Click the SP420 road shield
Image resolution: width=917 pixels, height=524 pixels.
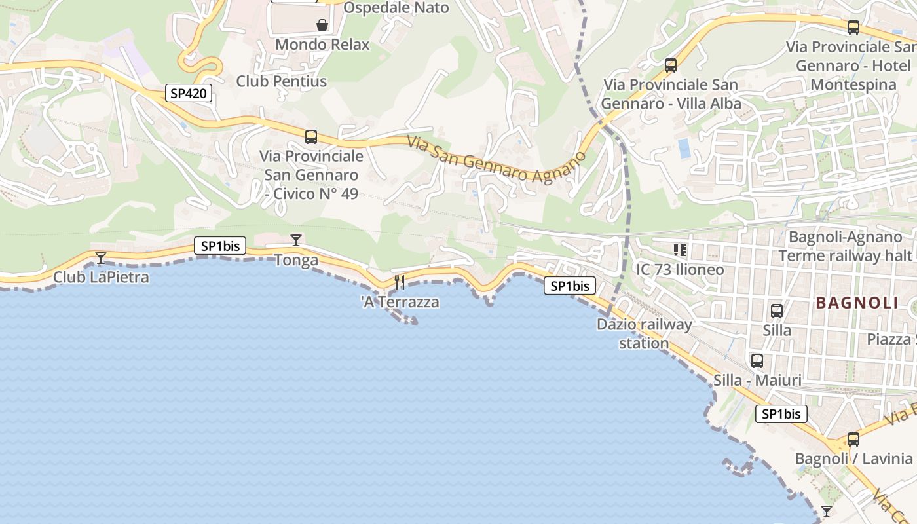188,93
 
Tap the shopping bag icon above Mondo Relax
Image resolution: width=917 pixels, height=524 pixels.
322,25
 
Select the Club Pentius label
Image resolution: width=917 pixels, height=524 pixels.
281,81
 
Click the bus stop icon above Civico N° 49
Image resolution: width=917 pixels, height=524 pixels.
311,137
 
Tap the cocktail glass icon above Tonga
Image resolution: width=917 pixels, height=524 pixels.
296,240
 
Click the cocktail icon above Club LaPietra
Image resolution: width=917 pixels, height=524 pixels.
100,257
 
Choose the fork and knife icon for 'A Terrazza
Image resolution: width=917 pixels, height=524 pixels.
400,282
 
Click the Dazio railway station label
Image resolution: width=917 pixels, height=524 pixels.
644,333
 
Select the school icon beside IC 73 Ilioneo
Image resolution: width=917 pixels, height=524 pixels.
679,250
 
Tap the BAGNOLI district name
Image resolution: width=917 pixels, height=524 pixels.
857,303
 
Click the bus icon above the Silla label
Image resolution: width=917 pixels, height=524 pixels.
777,311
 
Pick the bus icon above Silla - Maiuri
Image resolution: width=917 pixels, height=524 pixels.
757,361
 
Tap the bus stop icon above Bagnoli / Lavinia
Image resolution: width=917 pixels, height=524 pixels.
853,440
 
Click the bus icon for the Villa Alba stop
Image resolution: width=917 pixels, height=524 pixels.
671,65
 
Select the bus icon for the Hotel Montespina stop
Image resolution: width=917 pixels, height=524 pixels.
853,28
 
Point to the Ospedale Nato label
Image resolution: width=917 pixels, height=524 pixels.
396,8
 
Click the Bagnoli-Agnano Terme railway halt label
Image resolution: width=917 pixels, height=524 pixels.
846,246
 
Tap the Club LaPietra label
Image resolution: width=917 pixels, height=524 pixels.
101,277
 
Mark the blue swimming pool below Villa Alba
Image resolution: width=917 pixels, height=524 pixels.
684,148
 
